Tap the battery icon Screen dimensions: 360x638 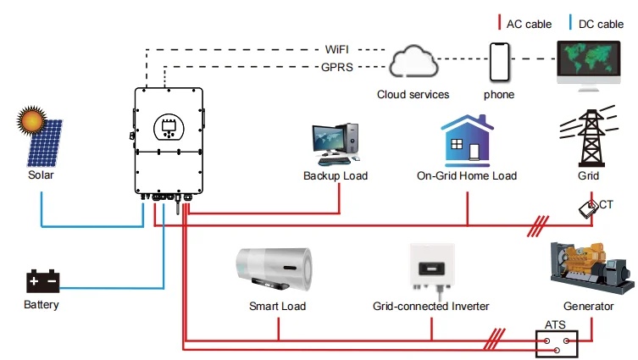[x=41, y=280]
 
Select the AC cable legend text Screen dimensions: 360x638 [x=530, y=23]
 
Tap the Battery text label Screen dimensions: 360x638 [x=41, y=304]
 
